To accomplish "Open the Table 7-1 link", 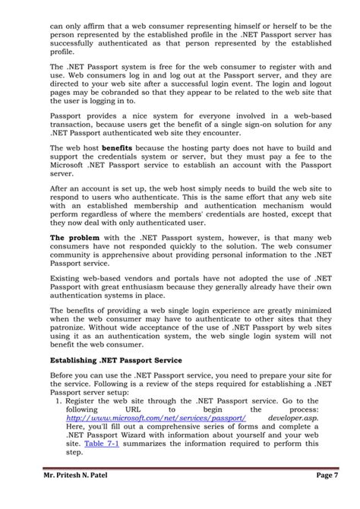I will [x=100, y=442].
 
